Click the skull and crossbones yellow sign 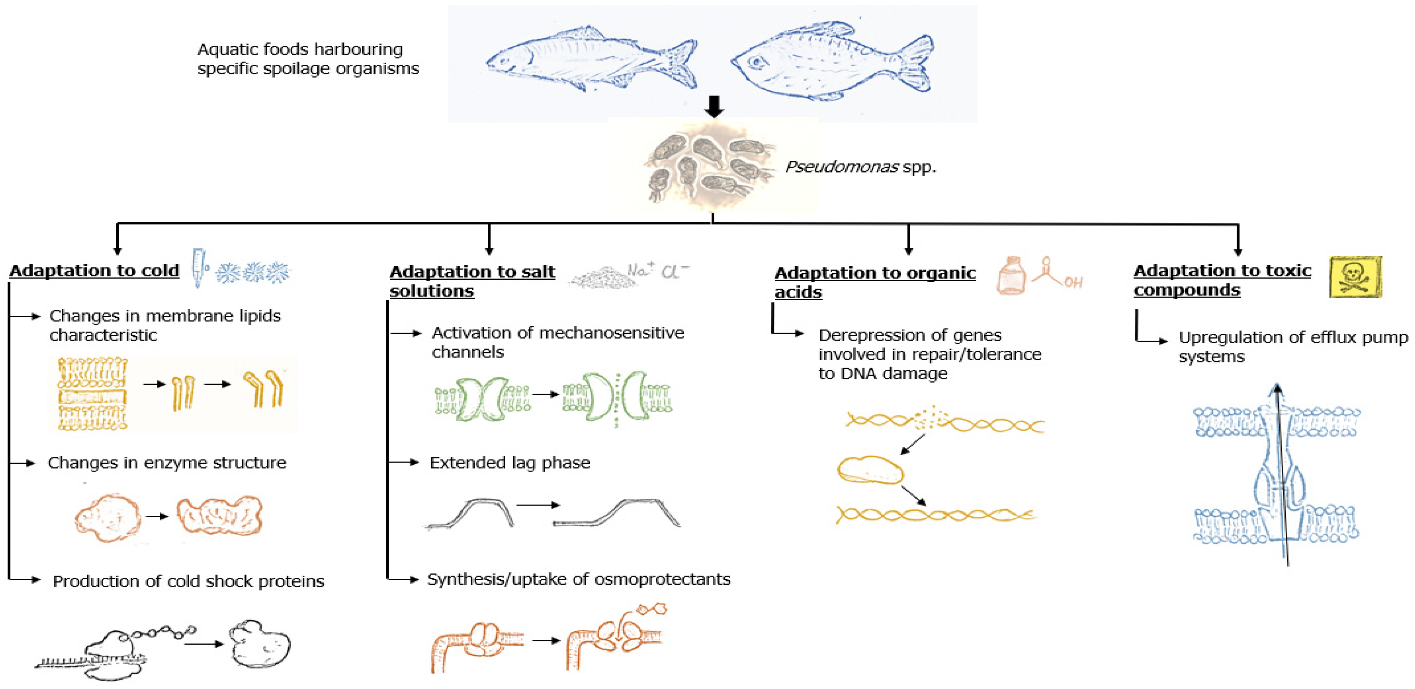[1355, 277]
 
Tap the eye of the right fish [759, 62]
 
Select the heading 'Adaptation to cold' [94, 271]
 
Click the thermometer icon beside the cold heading [199, 267]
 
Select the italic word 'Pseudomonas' [841, 167]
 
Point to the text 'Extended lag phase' [509, 463]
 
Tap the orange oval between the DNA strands [869, 471]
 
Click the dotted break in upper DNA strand [929, 419]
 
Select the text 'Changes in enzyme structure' [166, 463]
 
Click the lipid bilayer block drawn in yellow [92, 394]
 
